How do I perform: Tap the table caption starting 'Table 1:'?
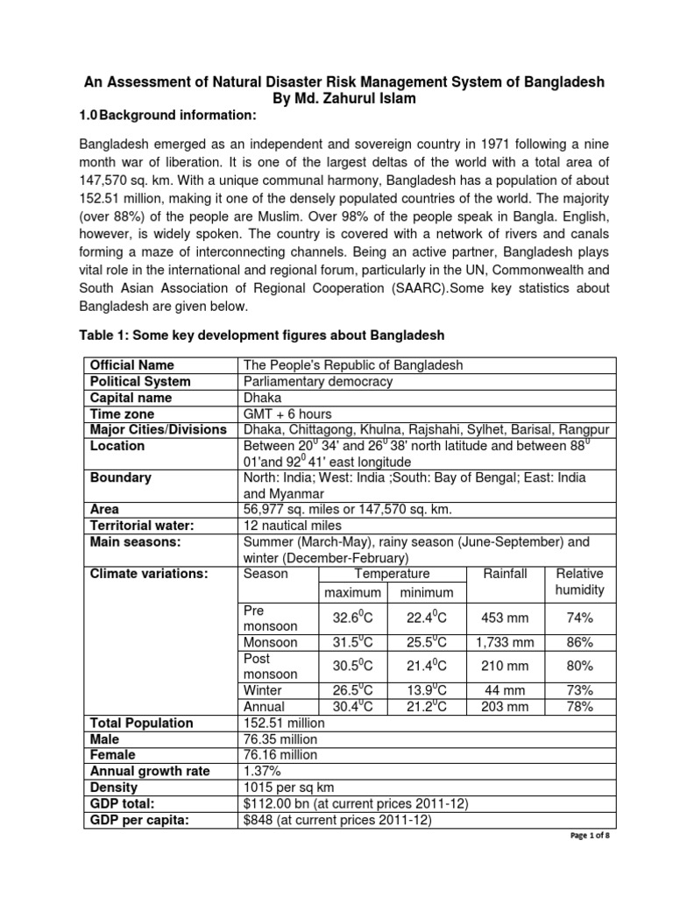click(263, 336)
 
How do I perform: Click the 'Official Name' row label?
click(132, 365)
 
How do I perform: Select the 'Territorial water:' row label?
click(143, 526)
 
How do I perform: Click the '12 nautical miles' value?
click(289, 526)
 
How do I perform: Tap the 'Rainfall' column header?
click(506, 574)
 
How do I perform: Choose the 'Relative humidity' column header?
click(580, 583)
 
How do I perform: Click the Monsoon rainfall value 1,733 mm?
click(506, 642)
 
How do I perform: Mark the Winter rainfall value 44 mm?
click(506, 690)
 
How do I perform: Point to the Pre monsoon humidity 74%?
click(580, 618)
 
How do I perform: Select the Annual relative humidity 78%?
click(580, 706)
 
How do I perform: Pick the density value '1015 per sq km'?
click(287, 787)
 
